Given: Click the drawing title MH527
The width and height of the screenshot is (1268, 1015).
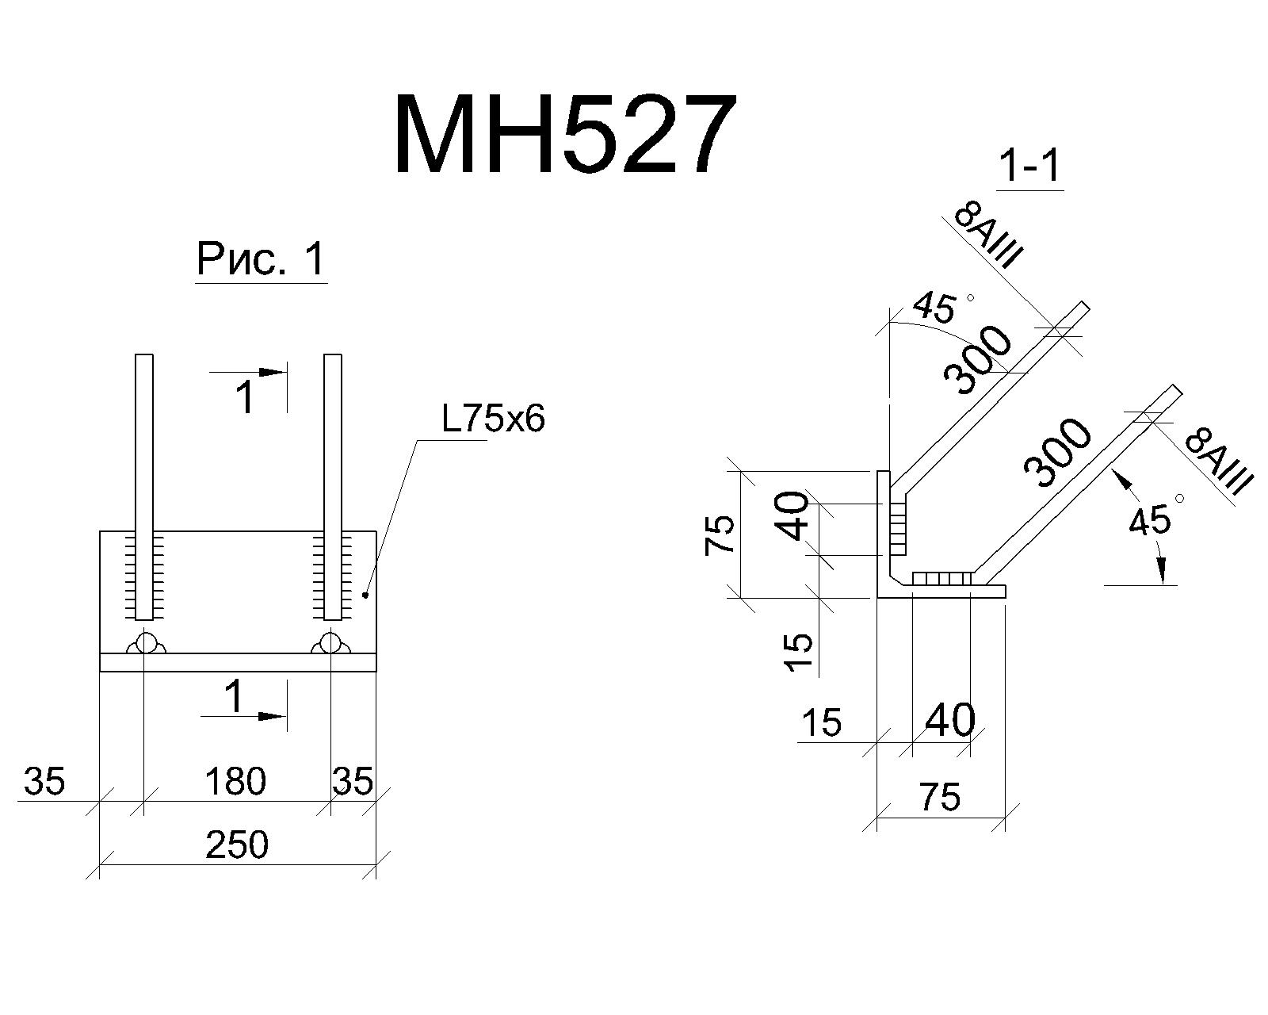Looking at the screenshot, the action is point(564,135).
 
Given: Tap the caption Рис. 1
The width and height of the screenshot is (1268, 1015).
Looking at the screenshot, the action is point(261,259).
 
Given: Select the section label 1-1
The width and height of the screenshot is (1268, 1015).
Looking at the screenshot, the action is point(1029,167).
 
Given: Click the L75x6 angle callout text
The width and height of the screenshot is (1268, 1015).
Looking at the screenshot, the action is point(493,420).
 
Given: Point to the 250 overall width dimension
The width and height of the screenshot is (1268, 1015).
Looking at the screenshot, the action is point(237,845).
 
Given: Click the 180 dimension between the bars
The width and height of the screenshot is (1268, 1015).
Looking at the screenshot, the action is point(235,781).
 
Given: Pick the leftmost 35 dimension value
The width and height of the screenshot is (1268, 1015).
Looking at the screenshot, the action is point(44,781).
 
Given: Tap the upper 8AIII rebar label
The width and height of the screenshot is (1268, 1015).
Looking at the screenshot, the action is point(987,236).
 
